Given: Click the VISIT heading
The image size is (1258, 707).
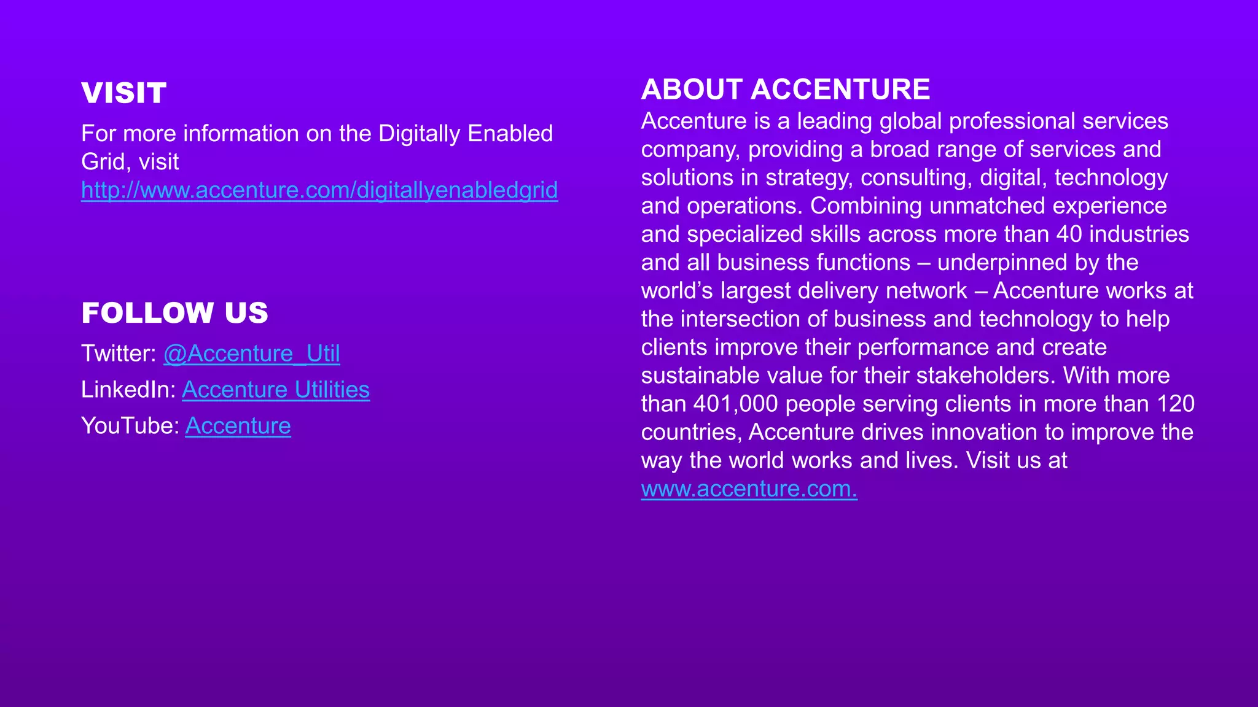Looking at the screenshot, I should click(123, 93).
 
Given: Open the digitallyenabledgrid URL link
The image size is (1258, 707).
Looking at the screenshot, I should click(319, 190).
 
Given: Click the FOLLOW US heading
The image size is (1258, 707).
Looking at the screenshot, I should click(174, 313).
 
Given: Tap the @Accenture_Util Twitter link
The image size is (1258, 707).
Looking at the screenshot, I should click(251, 353).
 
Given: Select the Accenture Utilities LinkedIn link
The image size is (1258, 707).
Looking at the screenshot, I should click(276, 390).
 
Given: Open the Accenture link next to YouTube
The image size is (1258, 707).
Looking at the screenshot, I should click(238, 426).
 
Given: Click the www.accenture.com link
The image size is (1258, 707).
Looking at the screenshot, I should click(749, 489).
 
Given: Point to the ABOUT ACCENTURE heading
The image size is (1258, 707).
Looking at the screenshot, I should click(785, 90).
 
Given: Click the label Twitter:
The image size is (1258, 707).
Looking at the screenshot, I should click(119, 353).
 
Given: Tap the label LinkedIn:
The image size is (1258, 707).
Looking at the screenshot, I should click(128, 390).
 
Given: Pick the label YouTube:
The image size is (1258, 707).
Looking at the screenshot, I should click(130, 426).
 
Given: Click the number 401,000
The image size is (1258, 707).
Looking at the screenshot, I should click(735, 404).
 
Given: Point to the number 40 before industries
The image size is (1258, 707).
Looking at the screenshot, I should click(1069, 234).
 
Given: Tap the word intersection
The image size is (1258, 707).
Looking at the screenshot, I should click(748, 319).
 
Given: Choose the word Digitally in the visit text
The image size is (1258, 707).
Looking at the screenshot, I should click(419, 134).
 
